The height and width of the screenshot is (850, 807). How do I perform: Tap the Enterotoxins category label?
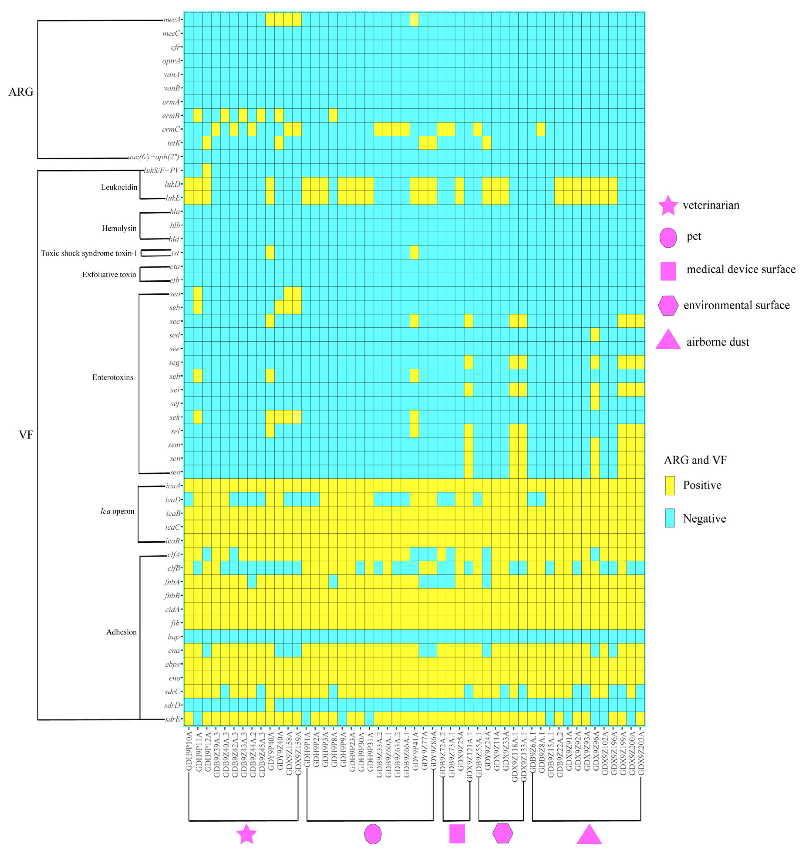113,377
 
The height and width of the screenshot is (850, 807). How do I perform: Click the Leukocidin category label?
119,187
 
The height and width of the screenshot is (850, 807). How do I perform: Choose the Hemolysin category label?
119,229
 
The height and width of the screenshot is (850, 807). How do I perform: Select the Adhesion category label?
121,632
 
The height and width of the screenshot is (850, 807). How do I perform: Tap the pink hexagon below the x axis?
502,833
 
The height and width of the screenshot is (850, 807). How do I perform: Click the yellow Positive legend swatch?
670,485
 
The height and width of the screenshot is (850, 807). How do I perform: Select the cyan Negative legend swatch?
670,518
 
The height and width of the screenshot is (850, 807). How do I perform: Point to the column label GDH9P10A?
188,752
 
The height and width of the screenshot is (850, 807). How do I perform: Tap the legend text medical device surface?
741,269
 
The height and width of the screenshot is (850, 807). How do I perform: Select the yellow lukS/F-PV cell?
206,170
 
